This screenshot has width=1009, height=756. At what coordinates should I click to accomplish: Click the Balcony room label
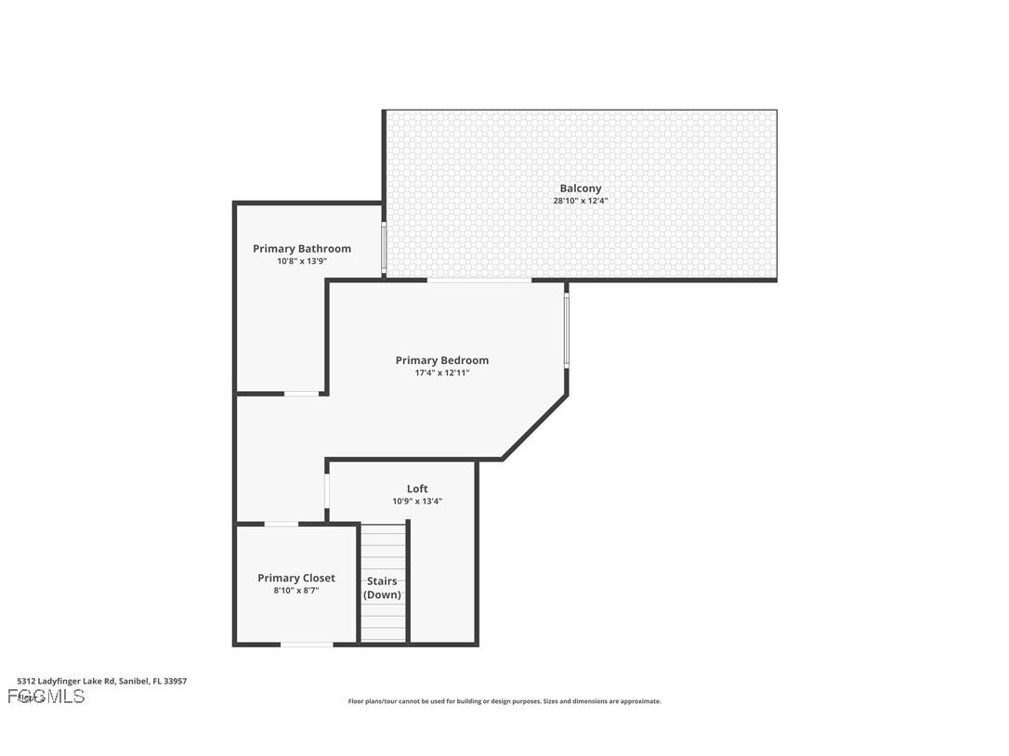[580, 189]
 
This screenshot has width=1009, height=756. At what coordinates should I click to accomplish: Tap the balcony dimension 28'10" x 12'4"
[580, 201]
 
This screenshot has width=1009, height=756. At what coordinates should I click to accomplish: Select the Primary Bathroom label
[302, 249]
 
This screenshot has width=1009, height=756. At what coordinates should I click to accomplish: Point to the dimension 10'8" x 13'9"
[302, 261]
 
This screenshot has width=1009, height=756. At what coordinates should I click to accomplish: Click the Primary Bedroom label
[442, 360]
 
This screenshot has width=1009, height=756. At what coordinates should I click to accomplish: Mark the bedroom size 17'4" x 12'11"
[442, 372]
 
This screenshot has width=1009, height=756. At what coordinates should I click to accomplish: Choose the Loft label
[417, 489]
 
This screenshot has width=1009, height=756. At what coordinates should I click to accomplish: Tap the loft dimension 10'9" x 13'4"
[417, 501]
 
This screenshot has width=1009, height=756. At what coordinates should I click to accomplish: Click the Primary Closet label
[296, 578]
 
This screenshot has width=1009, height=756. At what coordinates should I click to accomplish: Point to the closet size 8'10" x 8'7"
[296, 590]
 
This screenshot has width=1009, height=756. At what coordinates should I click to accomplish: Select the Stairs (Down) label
[382, 588]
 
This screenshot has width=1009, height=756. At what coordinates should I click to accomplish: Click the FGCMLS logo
[46, 697]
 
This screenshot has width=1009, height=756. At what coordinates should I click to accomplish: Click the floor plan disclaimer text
[504, 701]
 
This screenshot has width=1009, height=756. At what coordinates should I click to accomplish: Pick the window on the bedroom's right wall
[567, 330]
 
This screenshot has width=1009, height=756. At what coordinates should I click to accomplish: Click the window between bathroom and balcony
[384, 247]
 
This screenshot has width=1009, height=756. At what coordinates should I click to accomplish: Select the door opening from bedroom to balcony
[479, 280]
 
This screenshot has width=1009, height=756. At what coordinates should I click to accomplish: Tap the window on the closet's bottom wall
[307, 644]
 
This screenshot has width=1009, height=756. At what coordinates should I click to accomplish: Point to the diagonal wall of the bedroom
[535, 427]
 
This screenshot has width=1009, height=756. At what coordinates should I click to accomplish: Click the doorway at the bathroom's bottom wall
[302, 394]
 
